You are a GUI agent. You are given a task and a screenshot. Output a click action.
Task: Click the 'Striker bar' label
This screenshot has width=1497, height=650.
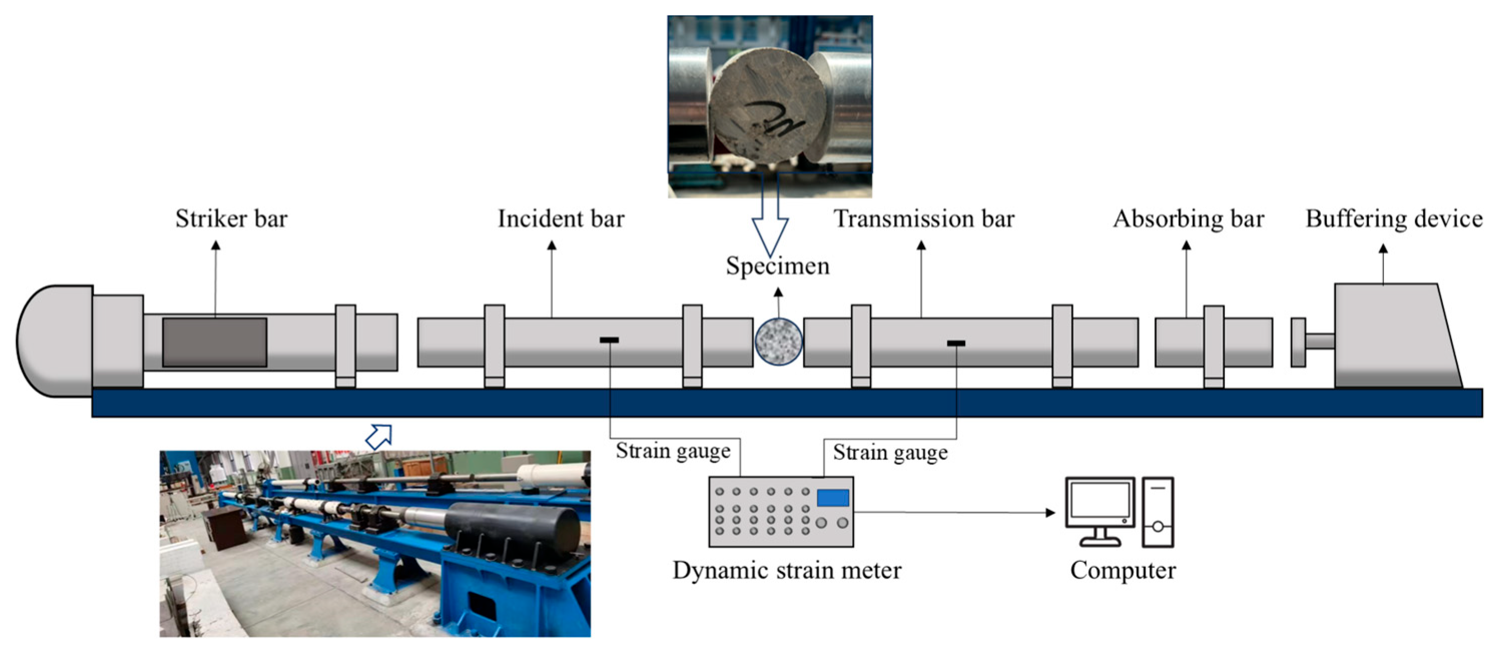pos(231,219)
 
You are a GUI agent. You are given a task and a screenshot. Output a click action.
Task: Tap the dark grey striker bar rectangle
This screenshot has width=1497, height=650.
pos(214,342)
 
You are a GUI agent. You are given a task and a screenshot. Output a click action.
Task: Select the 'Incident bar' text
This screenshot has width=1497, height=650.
pos(561,219)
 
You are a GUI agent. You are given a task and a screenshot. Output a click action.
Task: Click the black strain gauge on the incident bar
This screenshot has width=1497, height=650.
pos(609,340)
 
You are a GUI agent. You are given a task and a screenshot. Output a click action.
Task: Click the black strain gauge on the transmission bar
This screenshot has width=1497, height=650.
pos(956,343)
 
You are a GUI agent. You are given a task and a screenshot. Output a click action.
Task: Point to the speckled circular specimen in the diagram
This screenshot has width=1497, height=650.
pos(778,342)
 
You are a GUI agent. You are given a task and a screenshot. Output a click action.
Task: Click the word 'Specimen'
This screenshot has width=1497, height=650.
pos(778,266)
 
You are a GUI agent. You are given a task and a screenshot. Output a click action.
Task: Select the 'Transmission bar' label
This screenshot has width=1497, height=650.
pos(924,219)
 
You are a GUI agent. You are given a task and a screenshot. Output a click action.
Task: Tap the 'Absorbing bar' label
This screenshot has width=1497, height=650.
pos(1189,219)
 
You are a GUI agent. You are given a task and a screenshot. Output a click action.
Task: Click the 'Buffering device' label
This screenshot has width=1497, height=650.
pos(1393,219)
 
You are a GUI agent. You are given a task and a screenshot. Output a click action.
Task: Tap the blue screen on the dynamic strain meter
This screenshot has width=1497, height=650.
pos(833,498)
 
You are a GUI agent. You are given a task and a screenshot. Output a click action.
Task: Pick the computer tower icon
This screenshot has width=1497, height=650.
pos(1158,512)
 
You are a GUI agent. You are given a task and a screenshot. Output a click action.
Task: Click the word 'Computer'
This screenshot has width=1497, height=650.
pos(1122,570)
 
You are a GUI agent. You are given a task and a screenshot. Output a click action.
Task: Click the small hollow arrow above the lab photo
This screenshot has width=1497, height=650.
pos(379,436)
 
